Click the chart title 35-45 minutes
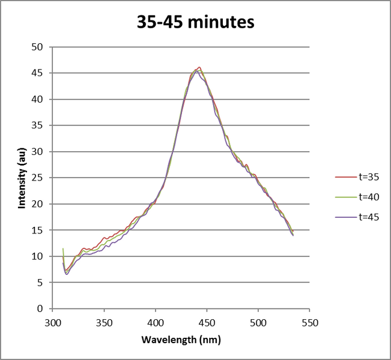[196, 22]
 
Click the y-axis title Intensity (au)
[22, 178]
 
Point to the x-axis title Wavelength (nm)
[181, 340]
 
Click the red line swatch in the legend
[343, 177]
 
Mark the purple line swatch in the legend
[343, 217]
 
